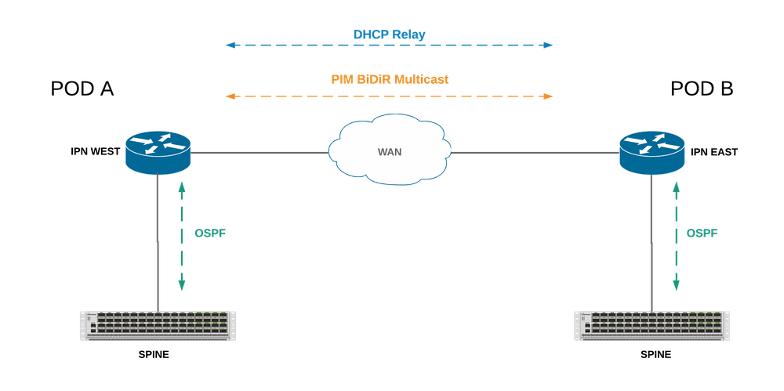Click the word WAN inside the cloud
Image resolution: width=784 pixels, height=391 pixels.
[x=390, y=150]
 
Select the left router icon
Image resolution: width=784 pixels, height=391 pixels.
[x=158, y=150]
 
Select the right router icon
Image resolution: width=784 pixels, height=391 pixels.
[x=651, y=150]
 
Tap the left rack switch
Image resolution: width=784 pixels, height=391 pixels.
[x=158, y=325]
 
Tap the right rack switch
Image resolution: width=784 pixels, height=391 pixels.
[x=651, y=325]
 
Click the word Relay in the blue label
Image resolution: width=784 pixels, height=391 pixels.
[x=410, y=34]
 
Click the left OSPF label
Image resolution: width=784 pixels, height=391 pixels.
[x=209, y=234]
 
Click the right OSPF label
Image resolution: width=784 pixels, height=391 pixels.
[x=702, y=234]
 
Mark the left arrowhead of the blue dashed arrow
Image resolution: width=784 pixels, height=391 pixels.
[x=227, y=46]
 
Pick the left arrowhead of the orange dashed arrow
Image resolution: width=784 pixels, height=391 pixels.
[x=227, y=97]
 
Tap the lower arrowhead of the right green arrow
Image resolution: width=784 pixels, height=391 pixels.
[x=674, y=290]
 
